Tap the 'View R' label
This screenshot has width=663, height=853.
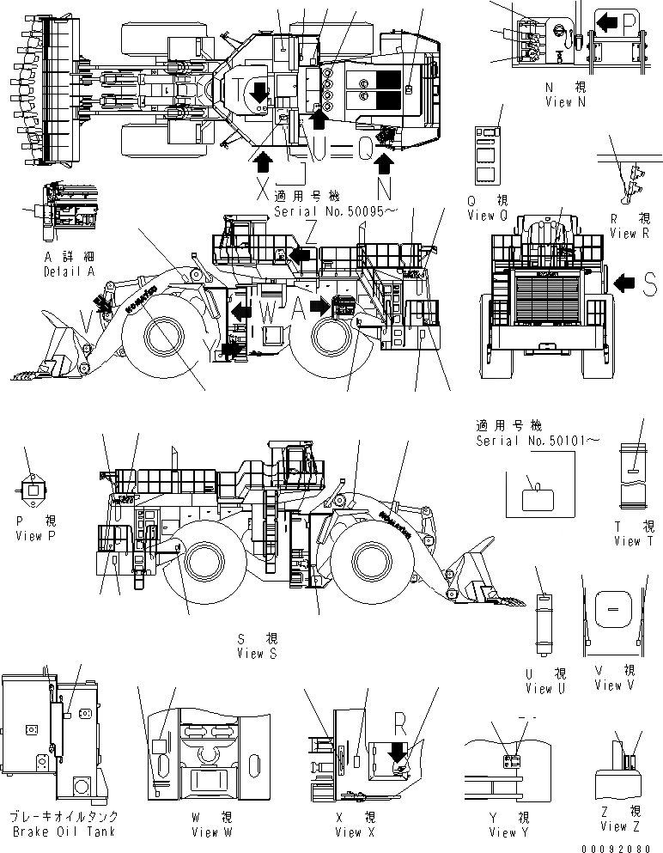[x=623, y=233]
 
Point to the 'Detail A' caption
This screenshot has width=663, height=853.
[x=68, y=271]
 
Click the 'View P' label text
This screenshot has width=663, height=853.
[x=35, y=535]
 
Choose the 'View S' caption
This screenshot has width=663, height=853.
[x=258, y=653]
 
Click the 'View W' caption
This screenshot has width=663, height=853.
[x=205, y=832]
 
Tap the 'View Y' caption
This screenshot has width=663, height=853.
[x=503, y=832]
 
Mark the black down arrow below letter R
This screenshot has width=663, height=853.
[x=397, y=753]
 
